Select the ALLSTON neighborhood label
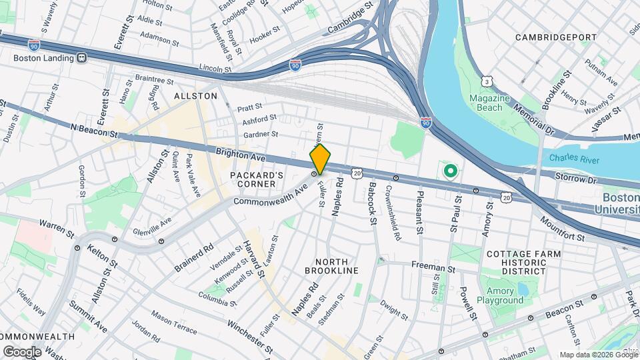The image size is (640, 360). pyautogui.click(x=195, y=96)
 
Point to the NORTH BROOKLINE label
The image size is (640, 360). pyautogui.click(x=331, y=265)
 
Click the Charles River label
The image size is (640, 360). pyautogui.click(x=574, y=159)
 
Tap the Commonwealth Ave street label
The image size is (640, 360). pyautogui.click(x=269, y=195)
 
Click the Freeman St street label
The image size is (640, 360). pyautogui.click(x=433, y=268)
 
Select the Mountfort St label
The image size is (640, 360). pyautogui.click(x=563, y=229)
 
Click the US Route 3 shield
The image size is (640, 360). pyautogui.click(x=488, y=82)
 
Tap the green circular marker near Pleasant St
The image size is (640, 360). pyautogui.click(x=450, y=172)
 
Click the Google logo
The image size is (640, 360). pyautogui.click(x=22, y=351)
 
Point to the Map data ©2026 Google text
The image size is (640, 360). pyautogui.click(x=598, y=355)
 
